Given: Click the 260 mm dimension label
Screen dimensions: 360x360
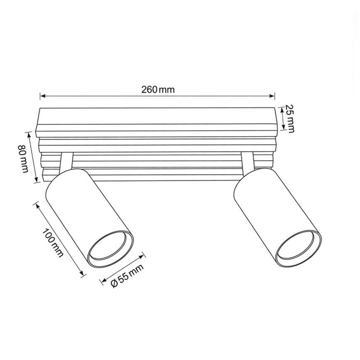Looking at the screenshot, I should click(158, 89).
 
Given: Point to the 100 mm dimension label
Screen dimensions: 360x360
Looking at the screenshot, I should click(53, 242).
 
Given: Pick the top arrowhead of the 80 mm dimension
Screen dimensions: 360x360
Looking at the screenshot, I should click(28, 134).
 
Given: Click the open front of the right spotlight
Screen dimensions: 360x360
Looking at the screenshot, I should click(299, 248).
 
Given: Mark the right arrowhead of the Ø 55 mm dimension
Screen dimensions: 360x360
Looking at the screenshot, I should click(143, 253).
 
